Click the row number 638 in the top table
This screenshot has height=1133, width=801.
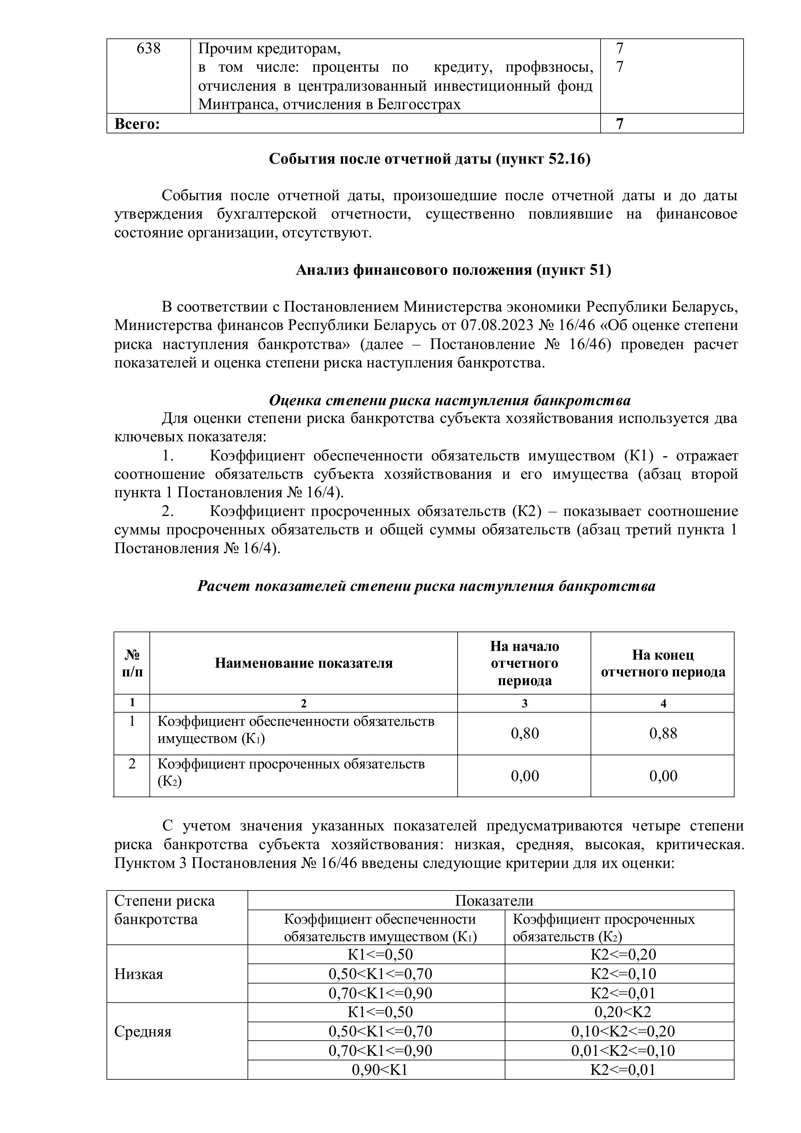coord(148,49)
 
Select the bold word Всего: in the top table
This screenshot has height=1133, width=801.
coord(137,124)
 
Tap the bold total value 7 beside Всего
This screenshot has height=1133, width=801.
coord(620,124)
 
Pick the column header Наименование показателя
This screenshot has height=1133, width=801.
coord(303,663)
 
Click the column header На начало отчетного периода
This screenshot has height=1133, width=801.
coord(524,663)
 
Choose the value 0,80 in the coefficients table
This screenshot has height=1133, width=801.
coord(525,733)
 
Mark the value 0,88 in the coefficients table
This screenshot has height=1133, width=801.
coord(664,733)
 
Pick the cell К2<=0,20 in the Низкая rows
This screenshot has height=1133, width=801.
coord(623,954)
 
